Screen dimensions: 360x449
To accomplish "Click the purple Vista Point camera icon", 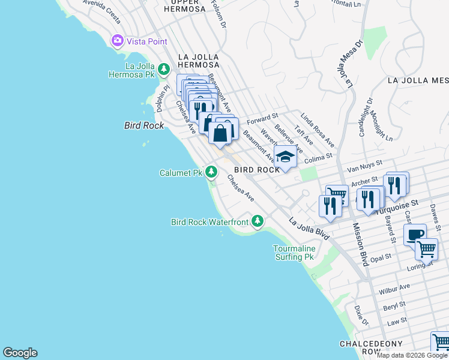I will pyautogui.click(x=117, y=41).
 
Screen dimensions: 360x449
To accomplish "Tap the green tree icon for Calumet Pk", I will pyautogui.click(x=211, y=173).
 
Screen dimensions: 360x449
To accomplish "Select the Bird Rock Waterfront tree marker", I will pyautogui.click(x=258, y=222).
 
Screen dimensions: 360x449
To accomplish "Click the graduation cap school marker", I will pyautogui.click(x=286, y=157).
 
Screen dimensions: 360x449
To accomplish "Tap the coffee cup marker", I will pyautogui.click(x=415, y=235).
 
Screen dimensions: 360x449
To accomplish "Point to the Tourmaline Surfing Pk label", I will pyautogui.click(x=294, y=253).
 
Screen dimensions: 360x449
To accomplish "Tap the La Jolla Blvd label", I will pyautogui.click(x=309, y=229).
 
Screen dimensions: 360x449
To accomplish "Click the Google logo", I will pyautogui.click(x=20, y=353).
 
